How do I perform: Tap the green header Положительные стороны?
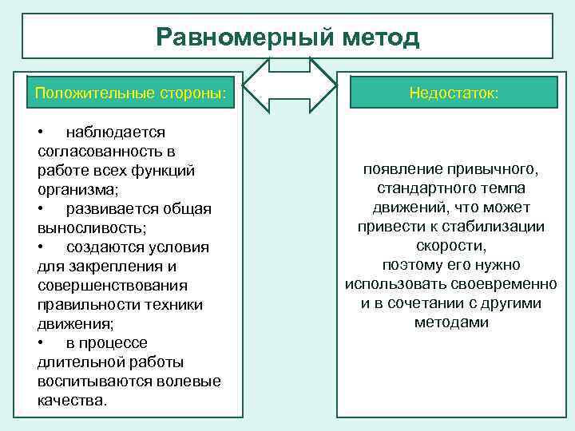[130, 93]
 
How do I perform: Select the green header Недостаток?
[454, 93]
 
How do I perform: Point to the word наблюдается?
[115, 132]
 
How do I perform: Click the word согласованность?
[97, 152]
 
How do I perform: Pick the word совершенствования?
[113, 286]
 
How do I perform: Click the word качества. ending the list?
[71, 401]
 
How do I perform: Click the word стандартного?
[420, 190]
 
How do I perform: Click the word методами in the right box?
[451, 323]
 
